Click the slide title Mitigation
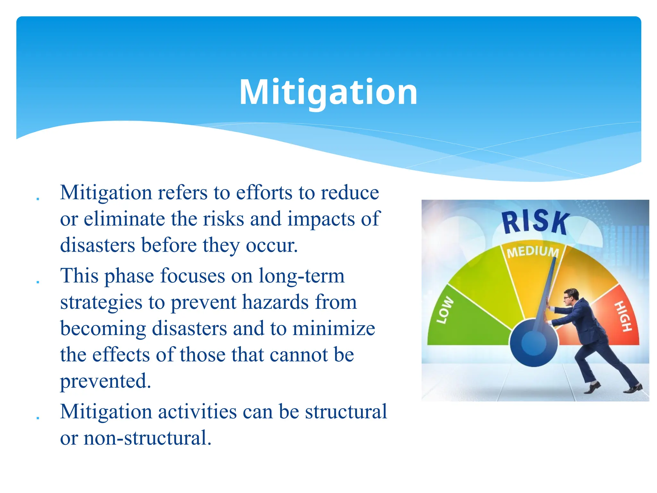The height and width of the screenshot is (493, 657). pyautogui.click(x=328, y=92)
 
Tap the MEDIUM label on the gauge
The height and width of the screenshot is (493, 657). pyautogui.click(x=533, y=252)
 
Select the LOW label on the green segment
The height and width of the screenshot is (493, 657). pyautogui.click(x=445, y=310)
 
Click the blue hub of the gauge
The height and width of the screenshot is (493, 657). pyautogui.click(x=533, y=343)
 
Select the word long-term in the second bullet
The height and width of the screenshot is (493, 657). pyautogui.click(x=301, y=276)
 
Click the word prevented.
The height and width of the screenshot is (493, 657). pyautogui.click(x=105, y=381)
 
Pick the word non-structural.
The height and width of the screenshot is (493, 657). pyautogui.click(x=147, y=438)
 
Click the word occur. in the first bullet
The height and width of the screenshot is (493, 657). pyautogui.click(x=272, y=245)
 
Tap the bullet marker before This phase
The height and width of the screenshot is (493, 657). pyautogui.click(x=38, y=282)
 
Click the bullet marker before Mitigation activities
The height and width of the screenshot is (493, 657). pyautogui.click(x=38, y=418)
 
